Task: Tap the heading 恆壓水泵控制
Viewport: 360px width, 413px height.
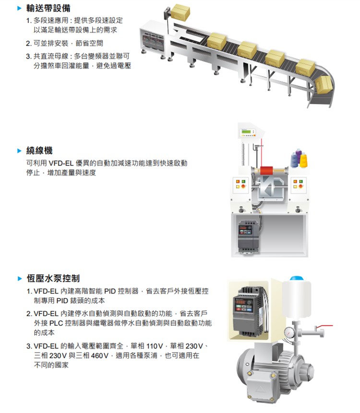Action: (x=53, y=278)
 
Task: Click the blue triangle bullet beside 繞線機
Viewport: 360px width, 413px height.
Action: (x=20, y=151)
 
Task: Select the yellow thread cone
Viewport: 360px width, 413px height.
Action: (x=303, y=160)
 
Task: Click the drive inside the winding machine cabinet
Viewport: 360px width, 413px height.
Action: (x=249, y=236)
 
